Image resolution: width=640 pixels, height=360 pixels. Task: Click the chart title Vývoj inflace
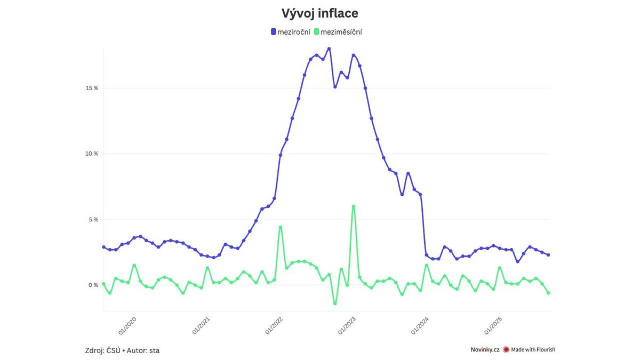point(320,13)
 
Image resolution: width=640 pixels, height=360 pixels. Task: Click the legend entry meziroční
point(293,32)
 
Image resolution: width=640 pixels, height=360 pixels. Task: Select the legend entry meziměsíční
point(341,32)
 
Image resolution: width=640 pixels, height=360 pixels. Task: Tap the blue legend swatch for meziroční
point(274,32)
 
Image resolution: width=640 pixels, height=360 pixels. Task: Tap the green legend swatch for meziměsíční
point(317,32)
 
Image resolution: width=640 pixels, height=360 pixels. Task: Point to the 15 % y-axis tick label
point(92,88)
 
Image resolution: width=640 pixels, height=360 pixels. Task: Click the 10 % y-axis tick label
point(92,154)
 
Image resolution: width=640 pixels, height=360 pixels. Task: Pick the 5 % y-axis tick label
point(93,219)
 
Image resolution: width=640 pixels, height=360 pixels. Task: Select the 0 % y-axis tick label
point(93,285)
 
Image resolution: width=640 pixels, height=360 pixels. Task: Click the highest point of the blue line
point(329,49)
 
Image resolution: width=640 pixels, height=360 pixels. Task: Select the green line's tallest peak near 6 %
point(353,206)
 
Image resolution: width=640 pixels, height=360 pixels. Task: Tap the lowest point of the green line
point(335,303)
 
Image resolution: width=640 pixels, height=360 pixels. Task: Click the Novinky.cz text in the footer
point(484,350)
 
